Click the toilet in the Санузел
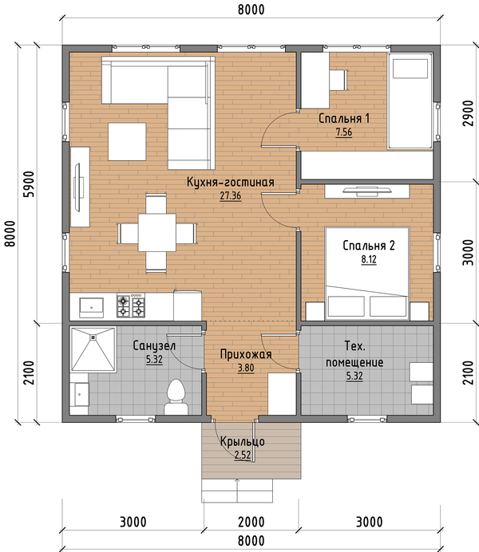pyautogui.click(x=176, y=396)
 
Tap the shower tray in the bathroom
pyautogui.click(x=93, y=349)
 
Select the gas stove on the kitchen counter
pyautogui.click(x=131, y=306)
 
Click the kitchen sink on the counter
pyautogui.click(x=91, y=308)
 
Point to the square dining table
pyautogui.click(x=156, y=232)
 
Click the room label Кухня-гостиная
pyautogui.click(x=231, y=183)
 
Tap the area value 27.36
pyautogui.click(x=231, y=195)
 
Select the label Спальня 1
pyautogui.click(x=344, y=118)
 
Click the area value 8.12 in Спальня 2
pyautogui.click(x=369, y=259)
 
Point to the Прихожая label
pyautogui.click(x=246, y=354)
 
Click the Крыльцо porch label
pyautogui.click(x=243, y=441)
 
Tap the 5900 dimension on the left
pyautogui.click(x=29, y=183)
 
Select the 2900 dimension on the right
pyautogui.click(x=468, y=113)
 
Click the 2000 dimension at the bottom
pyautogui.click(x=251, y=522)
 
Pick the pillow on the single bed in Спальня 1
pyautogui.click(x=410, y=69)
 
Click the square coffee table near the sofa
pyautogui.click(x=127, y=141)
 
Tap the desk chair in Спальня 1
pyautogui.click(x=338, y=81)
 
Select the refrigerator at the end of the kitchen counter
pyautogui.click(x=188, y=306)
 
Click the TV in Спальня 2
pyautogui.click(x=367, y=192)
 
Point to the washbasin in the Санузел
pyautogui.click(x=80, y=394)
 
